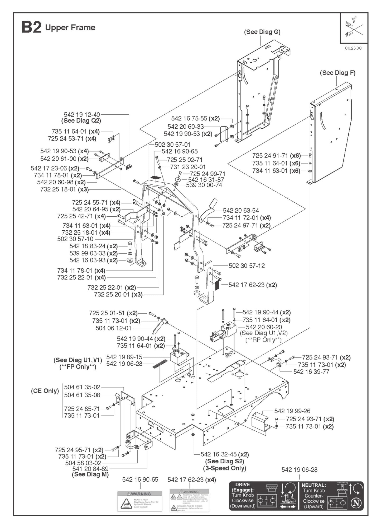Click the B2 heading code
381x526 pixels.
31,27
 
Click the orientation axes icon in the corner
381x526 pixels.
354,28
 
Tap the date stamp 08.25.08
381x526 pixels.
353,48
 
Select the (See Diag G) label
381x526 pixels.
262,32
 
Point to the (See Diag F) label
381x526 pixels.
337,73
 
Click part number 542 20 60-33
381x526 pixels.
185,127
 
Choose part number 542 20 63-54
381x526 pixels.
241,211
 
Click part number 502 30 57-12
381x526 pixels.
247,266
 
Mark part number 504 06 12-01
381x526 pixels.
113,328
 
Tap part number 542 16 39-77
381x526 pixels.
311,372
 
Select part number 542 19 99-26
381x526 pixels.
292,411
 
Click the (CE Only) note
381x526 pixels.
45,391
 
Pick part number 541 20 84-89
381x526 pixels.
90,469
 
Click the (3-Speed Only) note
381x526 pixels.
224,468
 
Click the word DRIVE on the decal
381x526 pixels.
242,485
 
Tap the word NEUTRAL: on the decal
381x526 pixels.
314,485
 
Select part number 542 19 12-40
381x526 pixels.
82,115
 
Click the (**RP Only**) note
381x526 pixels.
263,340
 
